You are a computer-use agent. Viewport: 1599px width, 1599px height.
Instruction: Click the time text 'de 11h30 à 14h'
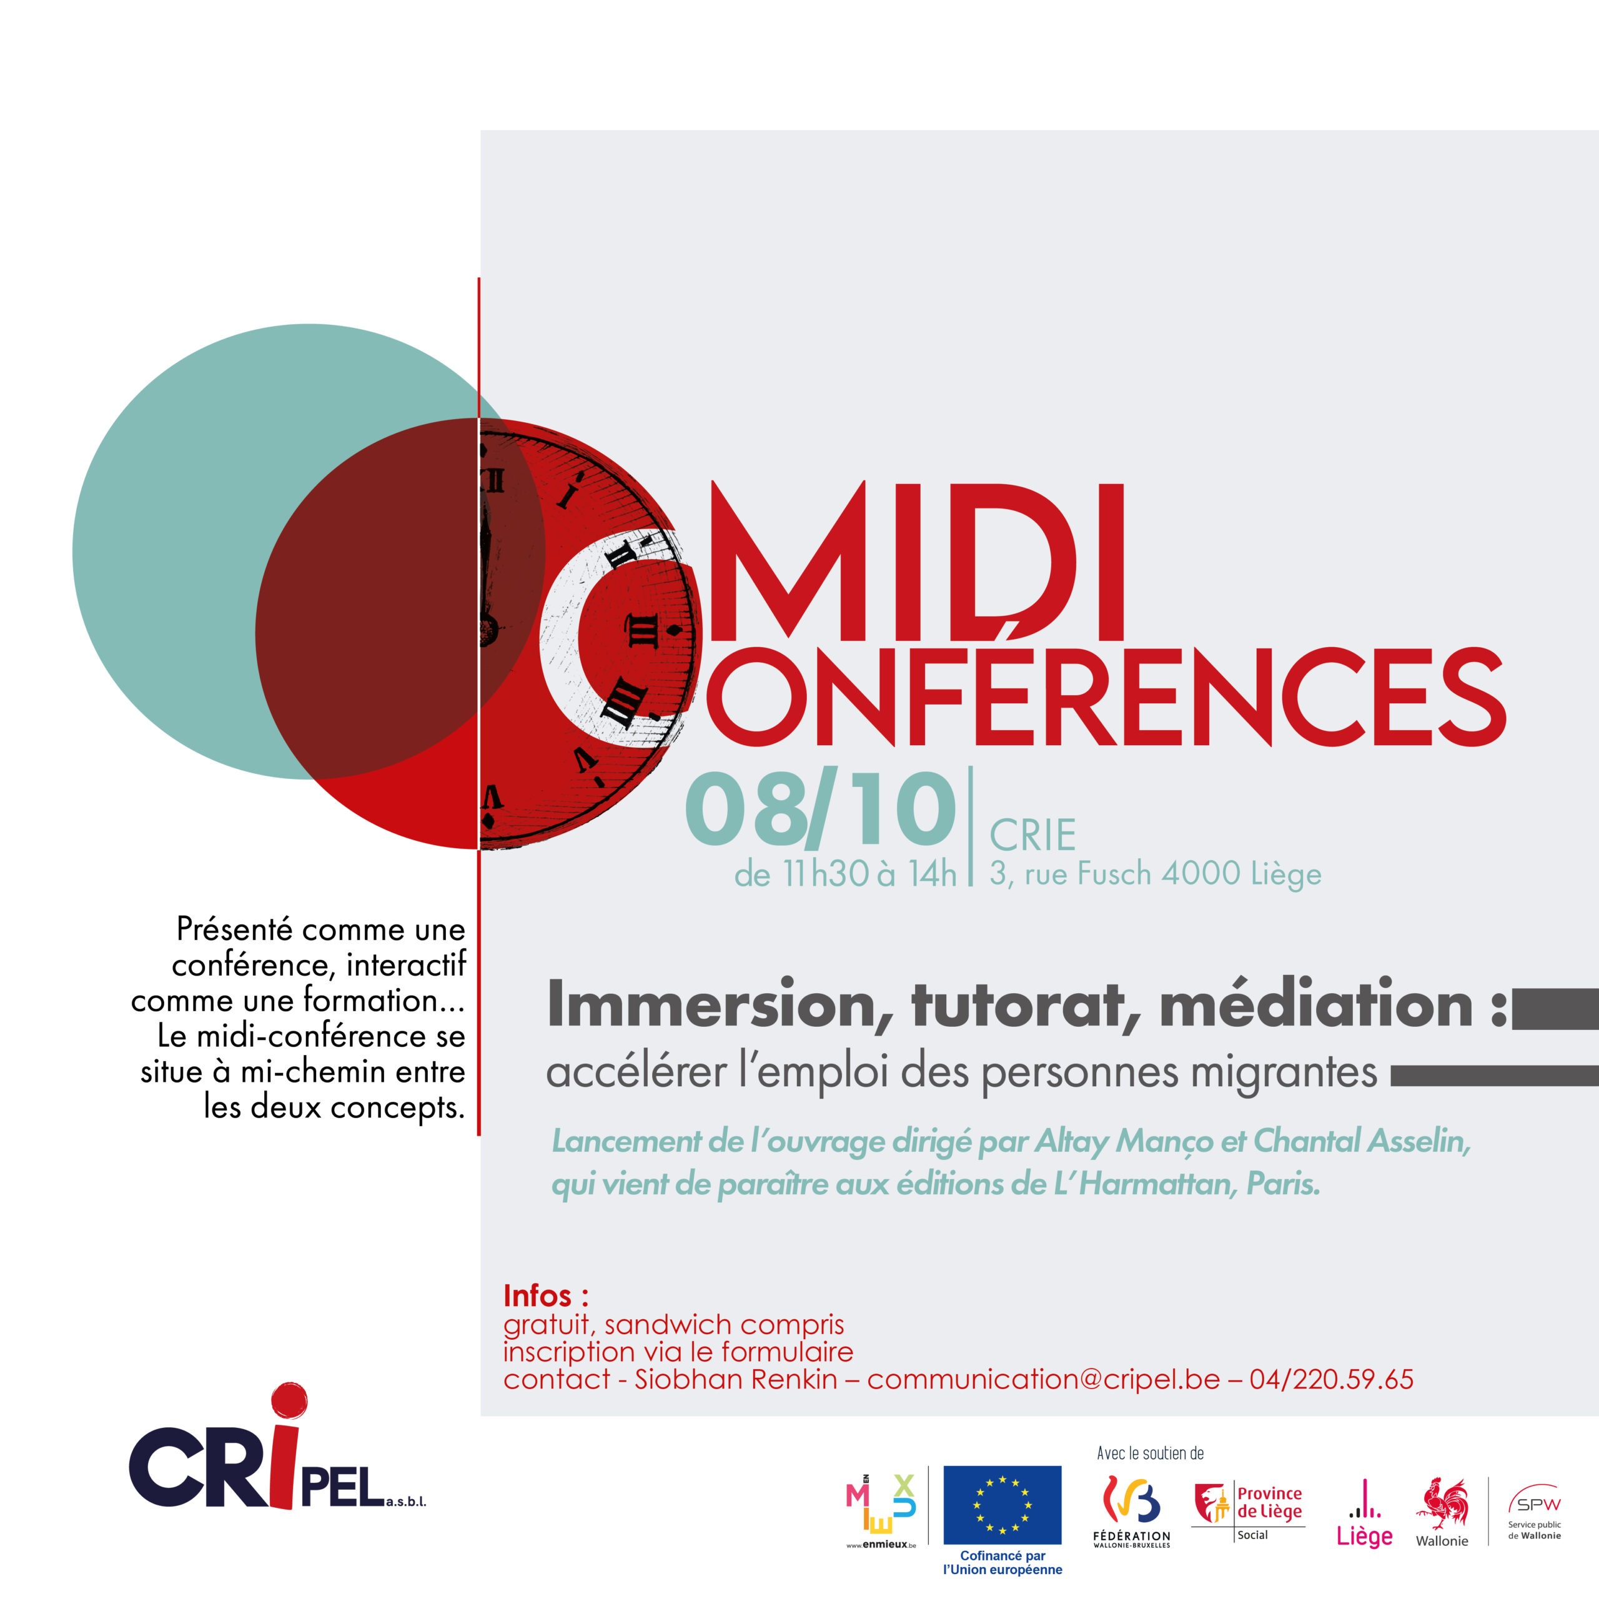845,875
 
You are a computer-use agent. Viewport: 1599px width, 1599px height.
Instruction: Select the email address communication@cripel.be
1044,1380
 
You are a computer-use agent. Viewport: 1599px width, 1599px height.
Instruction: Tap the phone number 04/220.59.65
1332,1380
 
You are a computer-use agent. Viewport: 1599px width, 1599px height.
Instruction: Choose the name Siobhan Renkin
736,1380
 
